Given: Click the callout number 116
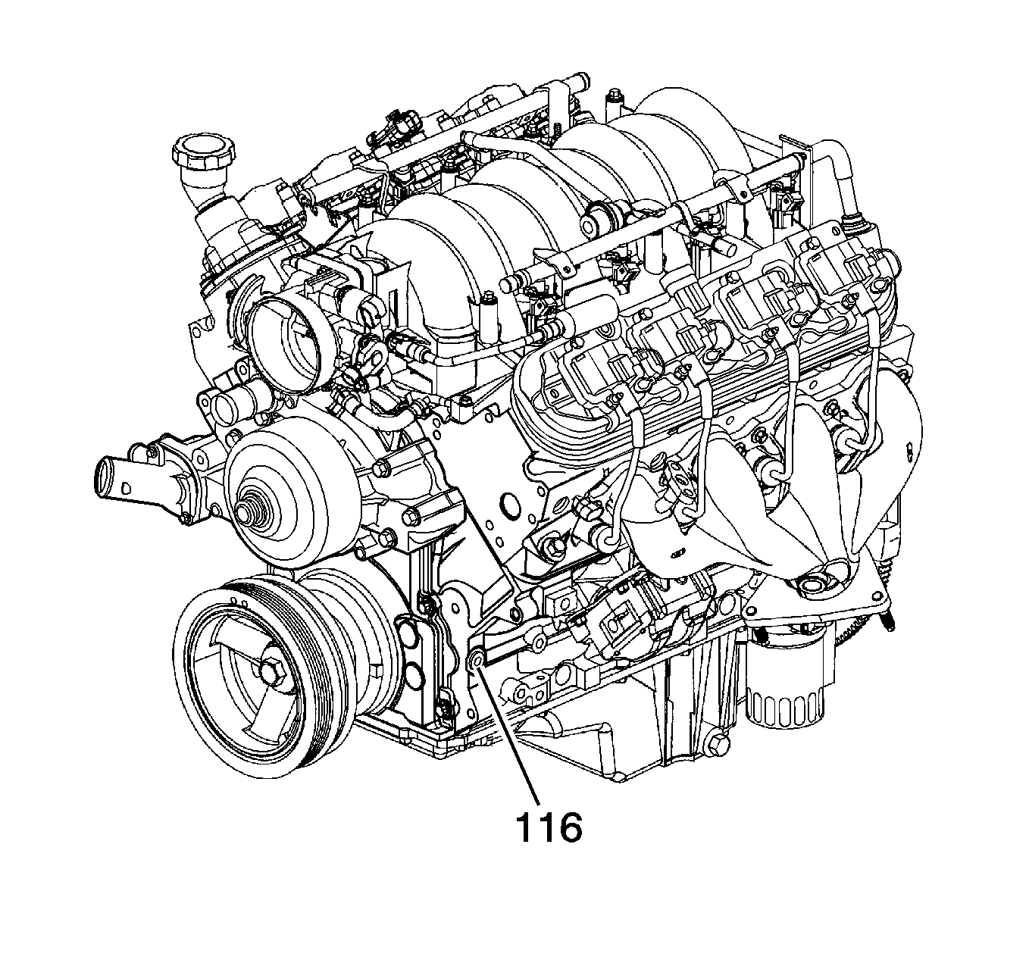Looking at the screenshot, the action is [x=548, y=829].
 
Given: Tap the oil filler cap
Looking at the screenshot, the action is [x=203, y=153].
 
